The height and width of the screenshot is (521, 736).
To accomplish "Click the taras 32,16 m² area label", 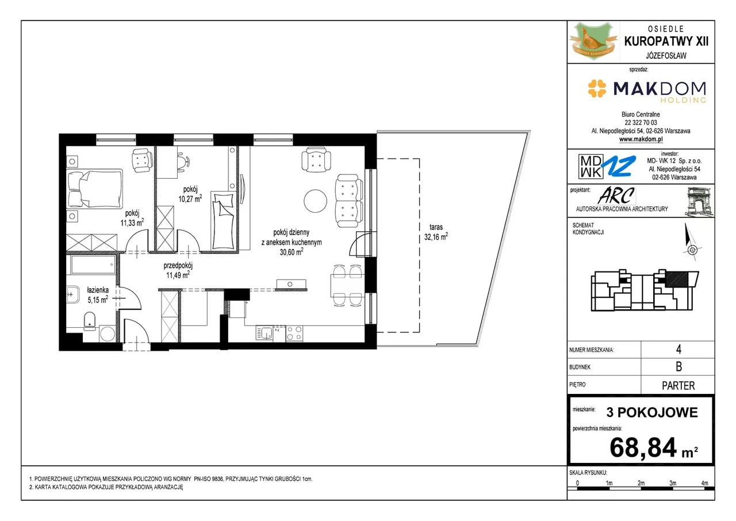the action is point(436,232).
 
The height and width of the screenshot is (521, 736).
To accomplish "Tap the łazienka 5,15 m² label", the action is point(98,294).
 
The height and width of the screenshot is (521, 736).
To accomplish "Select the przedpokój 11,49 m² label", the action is point(178,270).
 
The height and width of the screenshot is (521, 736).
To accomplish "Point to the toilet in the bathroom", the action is point(90,321).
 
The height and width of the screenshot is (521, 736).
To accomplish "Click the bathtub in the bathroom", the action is point(93,265).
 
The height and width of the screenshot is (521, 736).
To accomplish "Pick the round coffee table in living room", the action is point(315,201).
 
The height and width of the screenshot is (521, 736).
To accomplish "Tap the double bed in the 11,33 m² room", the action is point(94,189).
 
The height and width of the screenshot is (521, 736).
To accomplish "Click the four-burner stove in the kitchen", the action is point(294,333).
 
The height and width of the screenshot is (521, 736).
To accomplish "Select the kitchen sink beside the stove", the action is point(264,333).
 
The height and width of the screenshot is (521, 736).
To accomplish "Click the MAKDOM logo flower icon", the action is point(597,89).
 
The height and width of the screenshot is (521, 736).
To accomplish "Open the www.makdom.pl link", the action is point(641,139).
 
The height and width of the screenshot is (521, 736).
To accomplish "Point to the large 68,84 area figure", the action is point(643,447).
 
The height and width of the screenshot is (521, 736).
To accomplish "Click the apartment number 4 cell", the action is point(678,350).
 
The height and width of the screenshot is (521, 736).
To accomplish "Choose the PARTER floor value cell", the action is point(678,385).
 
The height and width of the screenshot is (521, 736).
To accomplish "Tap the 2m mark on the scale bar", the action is point(641,483).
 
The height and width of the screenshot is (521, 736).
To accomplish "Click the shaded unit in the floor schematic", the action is point(677,279).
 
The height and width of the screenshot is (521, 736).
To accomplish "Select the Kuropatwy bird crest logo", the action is point(593,41).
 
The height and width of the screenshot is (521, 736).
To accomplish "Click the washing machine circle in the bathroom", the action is point(107,334).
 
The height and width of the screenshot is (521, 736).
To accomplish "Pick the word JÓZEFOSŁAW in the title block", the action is point(666,56).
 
